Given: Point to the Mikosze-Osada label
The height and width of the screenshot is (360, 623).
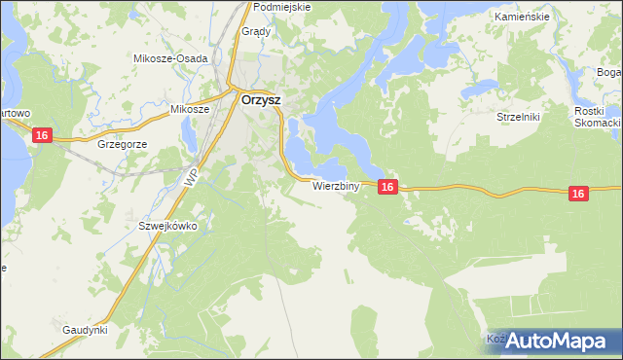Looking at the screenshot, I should [170, 58].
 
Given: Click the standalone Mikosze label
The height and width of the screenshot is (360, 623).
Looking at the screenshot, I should [190, 109].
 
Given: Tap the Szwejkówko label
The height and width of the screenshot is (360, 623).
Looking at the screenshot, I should [167, 226].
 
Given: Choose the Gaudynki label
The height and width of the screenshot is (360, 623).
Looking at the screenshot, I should [85, 330].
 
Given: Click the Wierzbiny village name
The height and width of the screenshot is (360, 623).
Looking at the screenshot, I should [337, 185].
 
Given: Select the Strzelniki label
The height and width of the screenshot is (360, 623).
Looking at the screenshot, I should [518, 116].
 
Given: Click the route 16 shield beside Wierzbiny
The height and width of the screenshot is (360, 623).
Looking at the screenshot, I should [387, 187].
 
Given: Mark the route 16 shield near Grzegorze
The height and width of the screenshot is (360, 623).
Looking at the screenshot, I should [42, 135].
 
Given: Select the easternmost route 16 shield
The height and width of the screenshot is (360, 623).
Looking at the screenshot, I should [578, 195].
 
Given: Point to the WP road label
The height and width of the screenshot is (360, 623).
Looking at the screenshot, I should [191, 178].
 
